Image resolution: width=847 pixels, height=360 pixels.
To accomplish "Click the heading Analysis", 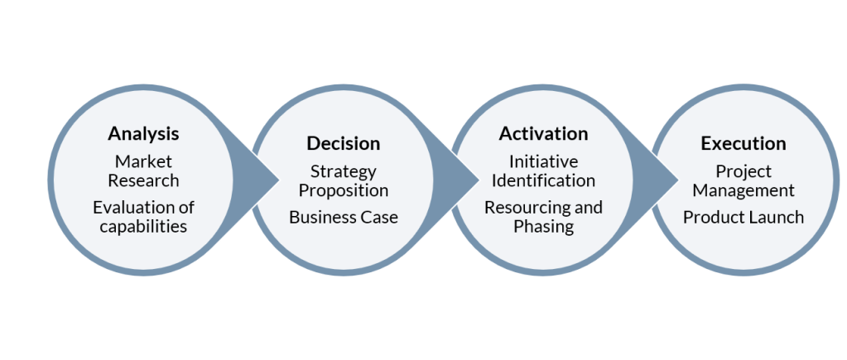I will tap(143, 133).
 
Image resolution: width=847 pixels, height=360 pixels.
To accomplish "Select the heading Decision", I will tap(343, 144).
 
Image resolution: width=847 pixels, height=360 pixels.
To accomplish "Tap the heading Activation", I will tap(543, 134).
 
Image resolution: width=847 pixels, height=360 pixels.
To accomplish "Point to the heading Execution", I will tap(743, 144).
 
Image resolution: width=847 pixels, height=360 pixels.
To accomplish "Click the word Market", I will tap(143, 161).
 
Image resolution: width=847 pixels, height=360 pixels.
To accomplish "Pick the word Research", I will tap(143, 180).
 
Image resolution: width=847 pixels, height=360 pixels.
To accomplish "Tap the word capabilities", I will tap(143, 226).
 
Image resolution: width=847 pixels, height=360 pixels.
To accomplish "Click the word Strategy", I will tap(343, 171).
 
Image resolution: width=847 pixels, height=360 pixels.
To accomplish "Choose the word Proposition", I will tap(343, 190).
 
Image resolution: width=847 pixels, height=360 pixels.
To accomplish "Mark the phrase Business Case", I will tap(343, 218).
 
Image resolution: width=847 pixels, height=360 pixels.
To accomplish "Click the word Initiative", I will tap(543, 161).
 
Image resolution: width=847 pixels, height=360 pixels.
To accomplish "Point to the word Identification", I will tap(543, 180).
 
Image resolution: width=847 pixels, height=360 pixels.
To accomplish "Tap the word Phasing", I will tap(543, 226).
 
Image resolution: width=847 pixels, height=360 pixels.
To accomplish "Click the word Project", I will tap(743, 171).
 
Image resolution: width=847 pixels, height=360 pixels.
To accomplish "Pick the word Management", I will tap(743, 190).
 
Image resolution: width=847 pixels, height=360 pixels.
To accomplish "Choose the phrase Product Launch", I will tap(743, 218).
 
